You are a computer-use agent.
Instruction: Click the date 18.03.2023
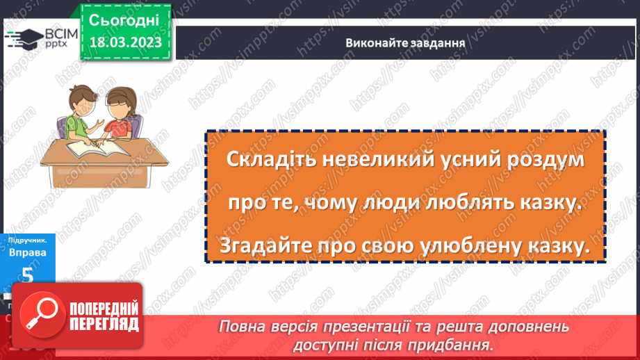click(125, 42)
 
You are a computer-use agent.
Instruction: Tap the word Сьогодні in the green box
click(125, 19)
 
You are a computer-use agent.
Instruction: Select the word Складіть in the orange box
click(262, 159)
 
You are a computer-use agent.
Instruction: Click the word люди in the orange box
click(397, 203)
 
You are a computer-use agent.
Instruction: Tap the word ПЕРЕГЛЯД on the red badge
click(104, 325)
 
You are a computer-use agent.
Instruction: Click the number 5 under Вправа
click(27, 275)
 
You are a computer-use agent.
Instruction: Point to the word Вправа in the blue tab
click(27, 253)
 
